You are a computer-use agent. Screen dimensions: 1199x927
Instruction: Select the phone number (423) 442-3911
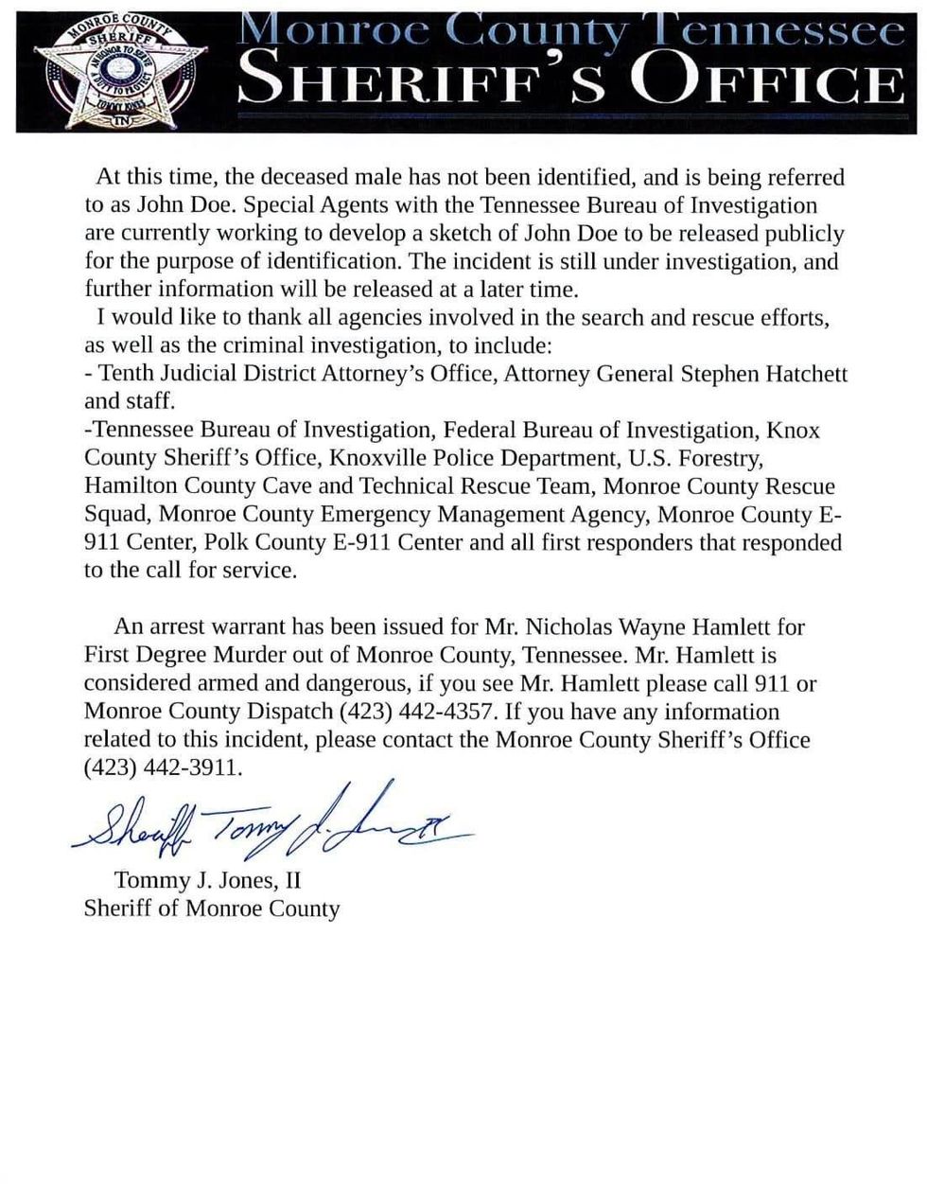point(163,768)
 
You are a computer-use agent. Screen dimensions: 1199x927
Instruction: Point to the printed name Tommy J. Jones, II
point(207,880)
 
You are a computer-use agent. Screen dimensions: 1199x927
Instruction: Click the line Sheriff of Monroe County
point(211,908)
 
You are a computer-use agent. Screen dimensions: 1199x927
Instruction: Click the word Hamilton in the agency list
point(128,486)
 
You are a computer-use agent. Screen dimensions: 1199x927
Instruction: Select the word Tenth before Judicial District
point(126,374)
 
